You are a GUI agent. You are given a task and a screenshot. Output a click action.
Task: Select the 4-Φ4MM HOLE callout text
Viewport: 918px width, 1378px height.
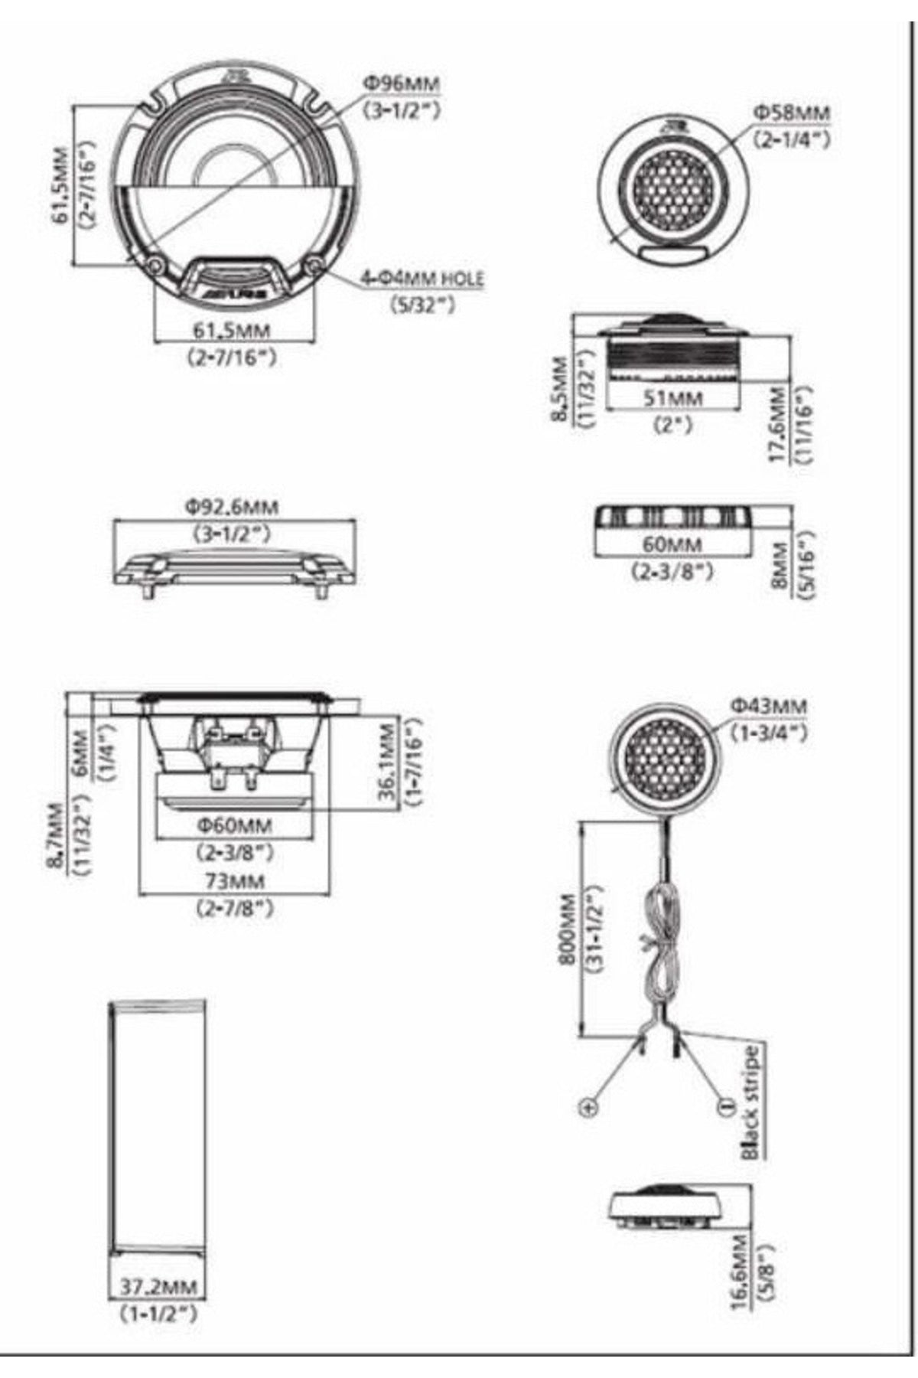pyautogui.click(x=422, y=277)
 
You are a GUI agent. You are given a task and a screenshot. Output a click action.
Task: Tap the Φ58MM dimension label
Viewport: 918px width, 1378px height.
pyautogui.click(x=792, y=113)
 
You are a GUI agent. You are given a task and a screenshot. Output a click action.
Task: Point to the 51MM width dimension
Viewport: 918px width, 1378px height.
pyautogui.click(x=672, y=399)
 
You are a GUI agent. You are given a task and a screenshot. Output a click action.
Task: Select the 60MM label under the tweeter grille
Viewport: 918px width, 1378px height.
pyautogui.click(x=672, y=544)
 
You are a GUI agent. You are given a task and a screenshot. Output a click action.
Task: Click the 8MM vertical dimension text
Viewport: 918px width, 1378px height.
pyautogui.click(x=780, y=564)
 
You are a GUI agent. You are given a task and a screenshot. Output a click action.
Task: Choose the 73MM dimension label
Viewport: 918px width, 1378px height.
pyautogui.click(x=234, y=881)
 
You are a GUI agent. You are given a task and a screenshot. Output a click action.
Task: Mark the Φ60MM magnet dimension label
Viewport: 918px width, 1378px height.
pyautogui.click(x=234, y=825)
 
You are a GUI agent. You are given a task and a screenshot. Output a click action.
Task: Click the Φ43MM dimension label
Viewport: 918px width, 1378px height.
pyautogui.click(x=768, y=705)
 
